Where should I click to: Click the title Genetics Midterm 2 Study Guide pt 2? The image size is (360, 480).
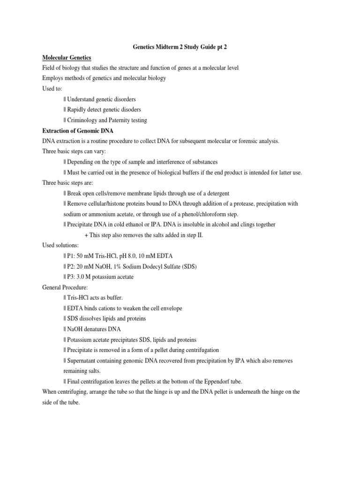[x=180, y=47]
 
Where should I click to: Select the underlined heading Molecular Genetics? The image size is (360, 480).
[x=67, y=57]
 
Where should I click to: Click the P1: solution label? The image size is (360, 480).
[x=71, y=256]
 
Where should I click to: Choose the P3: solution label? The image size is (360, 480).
[x=71, y=277]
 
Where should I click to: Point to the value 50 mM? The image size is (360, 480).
[x=87, y=256]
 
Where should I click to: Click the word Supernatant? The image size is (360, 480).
[x=83, y=360]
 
